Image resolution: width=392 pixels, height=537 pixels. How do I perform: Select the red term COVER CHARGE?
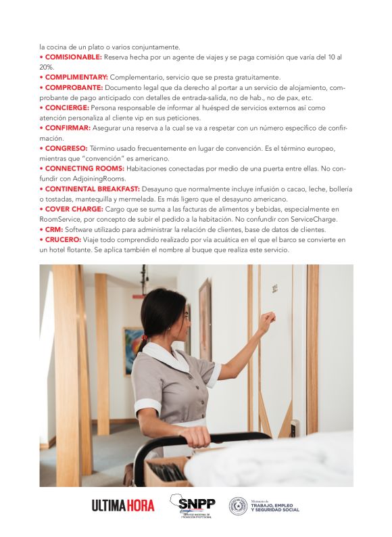pos(74,209)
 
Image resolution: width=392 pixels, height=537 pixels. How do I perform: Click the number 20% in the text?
pos(47,68)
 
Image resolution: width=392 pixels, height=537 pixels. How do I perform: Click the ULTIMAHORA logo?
pos(122,505)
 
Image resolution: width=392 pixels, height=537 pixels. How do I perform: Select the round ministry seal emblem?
pos(238,505)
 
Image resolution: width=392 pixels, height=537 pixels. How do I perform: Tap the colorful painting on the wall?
pos(132,350)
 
